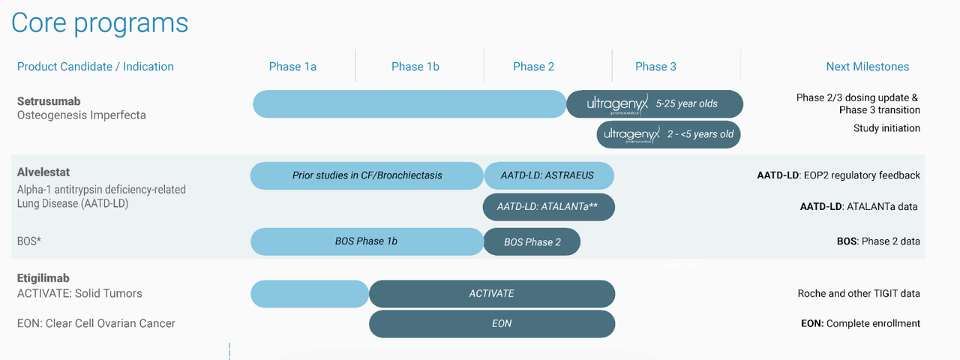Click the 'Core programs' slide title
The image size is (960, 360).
pyautogui.click(x=100, y=22)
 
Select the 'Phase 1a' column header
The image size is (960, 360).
pyautogui.click(x=292, y=67)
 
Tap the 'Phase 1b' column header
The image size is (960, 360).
pyautogui.click(x=415, y=67)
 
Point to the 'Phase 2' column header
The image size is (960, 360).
pyautogui.click(x=534, y=67)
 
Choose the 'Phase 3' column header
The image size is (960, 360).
pyautogui.click(x=655, y=67)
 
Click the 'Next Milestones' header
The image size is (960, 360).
pyautogui.click(x=867, y=67)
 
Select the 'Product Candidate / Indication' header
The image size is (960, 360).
pyautogui.click(x=95, y=67)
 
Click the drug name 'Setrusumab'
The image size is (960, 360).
pyautogui.click(x=49, y=101)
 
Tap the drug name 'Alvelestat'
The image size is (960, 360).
pyautogui.click(x=43, y=172)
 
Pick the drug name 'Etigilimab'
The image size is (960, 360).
pyautogui.click(x=44, y=278)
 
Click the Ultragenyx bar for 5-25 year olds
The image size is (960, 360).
pyautogui.click(x=655, y=104)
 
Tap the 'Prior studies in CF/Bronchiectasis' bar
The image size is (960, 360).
pyautogui.click(x=367, y=175)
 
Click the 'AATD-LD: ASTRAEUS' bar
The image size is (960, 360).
pyautogui.click(x=548, y=175)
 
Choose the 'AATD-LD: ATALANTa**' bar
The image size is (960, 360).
pyautogui.click(x=548, y=207)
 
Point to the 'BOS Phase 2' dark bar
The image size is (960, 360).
pyautogui.click(x=532, y=242)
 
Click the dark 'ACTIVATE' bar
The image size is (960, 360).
pyautogui.click(x=492, y=294)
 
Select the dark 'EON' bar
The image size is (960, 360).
pyautogui.click(x=492, y=324)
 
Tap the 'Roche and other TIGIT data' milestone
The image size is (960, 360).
pyautogui.click(x=859, y=294)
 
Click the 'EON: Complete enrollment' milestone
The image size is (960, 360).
pyautogui.click(x=860, y=324)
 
